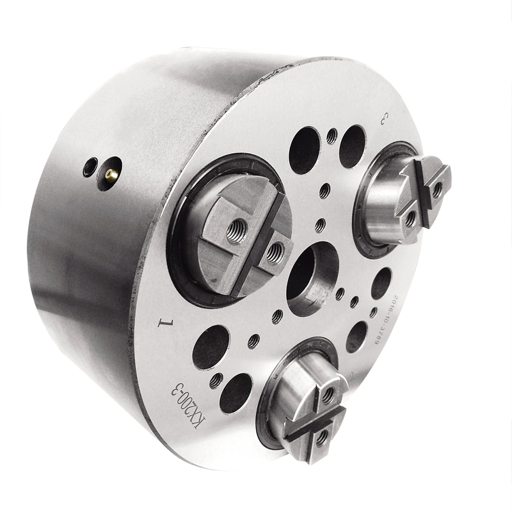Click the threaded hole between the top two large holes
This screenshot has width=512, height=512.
coord(332,136)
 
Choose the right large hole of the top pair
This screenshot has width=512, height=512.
coord(353,147)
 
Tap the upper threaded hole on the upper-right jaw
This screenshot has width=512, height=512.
coord(436,189)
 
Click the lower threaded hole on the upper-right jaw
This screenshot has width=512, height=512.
coord(410,220)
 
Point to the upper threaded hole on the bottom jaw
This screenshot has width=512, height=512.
coord(328,395)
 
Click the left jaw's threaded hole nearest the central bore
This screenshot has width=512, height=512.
coord(275,253)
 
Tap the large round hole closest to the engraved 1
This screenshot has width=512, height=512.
coord(211,346)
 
